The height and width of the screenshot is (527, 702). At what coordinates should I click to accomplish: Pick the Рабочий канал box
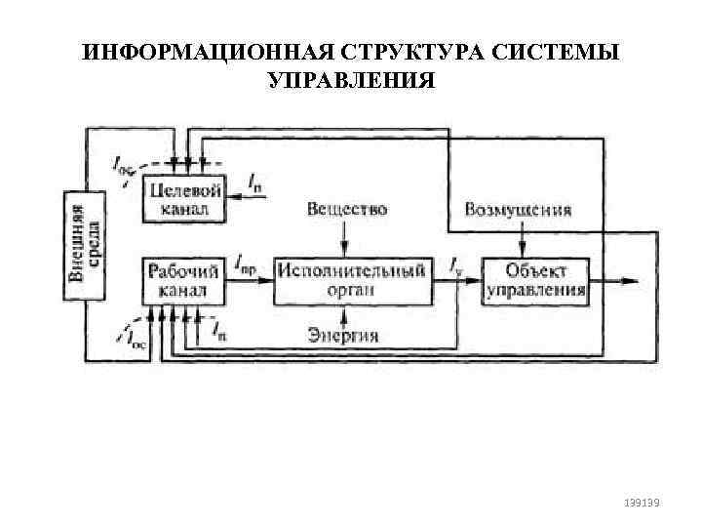(x=184, y=279)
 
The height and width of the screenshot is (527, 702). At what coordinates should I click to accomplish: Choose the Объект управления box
(x=535, y=279)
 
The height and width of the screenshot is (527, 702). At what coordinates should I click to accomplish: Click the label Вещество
(x=347, y=210)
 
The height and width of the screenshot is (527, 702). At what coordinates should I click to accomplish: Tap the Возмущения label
(x=518, y=210)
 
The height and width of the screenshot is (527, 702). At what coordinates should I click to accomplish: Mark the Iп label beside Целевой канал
(x=255, y=182)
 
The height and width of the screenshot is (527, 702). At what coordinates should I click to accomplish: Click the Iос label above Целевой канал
(x=125, y=167)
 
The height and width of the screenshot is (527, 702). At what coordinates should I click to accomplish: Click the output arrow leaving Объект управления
(x=614, y=280)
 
